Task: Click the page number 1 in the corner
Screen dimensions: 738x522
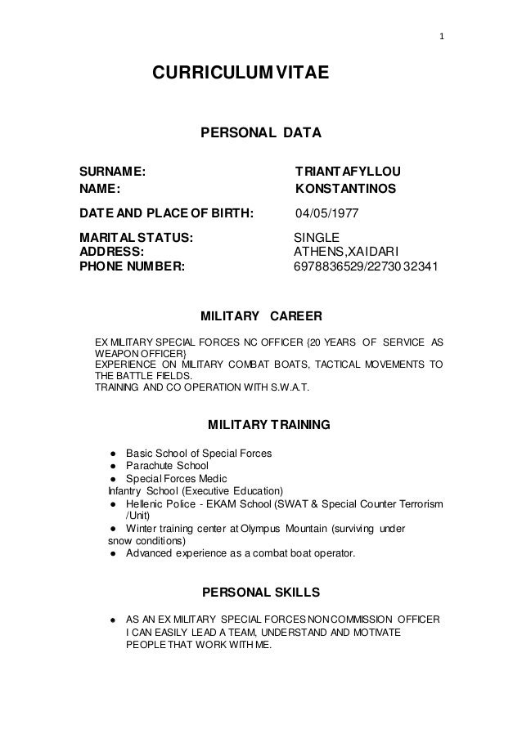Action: (x=442, y=37)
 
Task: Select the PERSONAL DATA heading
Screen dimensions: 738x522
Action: (x=261, y=132)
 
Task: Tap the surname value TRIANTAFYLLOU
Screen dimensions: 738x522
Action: (x=353, y=172)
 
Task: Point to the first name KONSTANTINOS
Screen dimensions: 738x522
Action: (x=345, y=190)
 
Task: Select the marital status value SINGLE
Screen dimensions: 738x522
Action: (x=317, y=238)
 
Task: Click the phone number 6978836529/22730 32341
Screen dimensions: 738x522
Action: (x=365, y=267)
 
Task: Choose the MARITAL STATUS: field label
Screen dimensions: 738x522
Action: (x=137, y=238)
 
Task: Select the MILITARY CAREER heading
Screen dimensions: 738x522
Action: (x=261, y=315)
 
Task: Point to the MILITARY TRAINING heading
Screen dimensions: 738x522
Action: (x=269, y=425)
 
